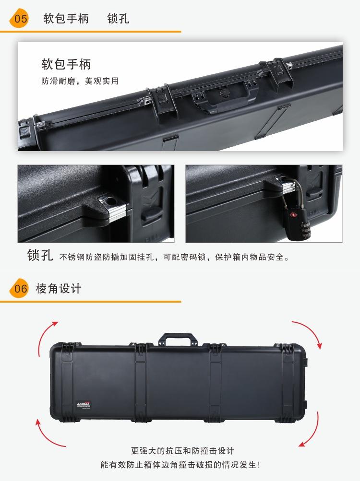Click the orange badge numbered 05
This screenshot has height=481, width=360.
[19, 18]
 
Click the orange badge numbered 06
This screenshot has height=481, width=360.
[19, 288]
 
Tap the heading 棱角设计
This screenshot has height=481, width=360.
[59, 288]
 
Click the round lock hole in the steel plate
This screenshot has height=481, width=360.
[110, 201]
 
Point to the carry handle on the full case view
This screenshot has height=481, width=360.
[178, 339]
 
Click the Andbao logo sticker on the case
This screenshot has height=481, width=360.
[84, 405]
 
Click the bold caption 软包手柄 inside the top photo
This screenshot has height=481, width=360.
[66, 64]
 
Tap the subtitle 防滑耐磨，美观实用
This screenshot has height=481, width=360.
[80, 81]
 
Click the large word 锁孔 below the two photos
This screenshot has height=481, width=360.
[40, 255]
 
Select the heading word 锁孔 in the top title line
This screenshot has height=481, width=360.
[118, 18]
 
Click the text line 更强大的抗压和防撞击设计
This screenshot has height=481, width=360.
[182, 451]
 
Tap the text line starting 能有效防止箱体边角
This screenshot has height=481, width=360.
[180, 465]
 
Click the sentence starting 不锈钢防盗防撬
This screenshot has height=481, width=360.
[174, 257]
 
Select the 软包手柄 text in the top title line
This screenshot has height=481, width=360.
[66, 18]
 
